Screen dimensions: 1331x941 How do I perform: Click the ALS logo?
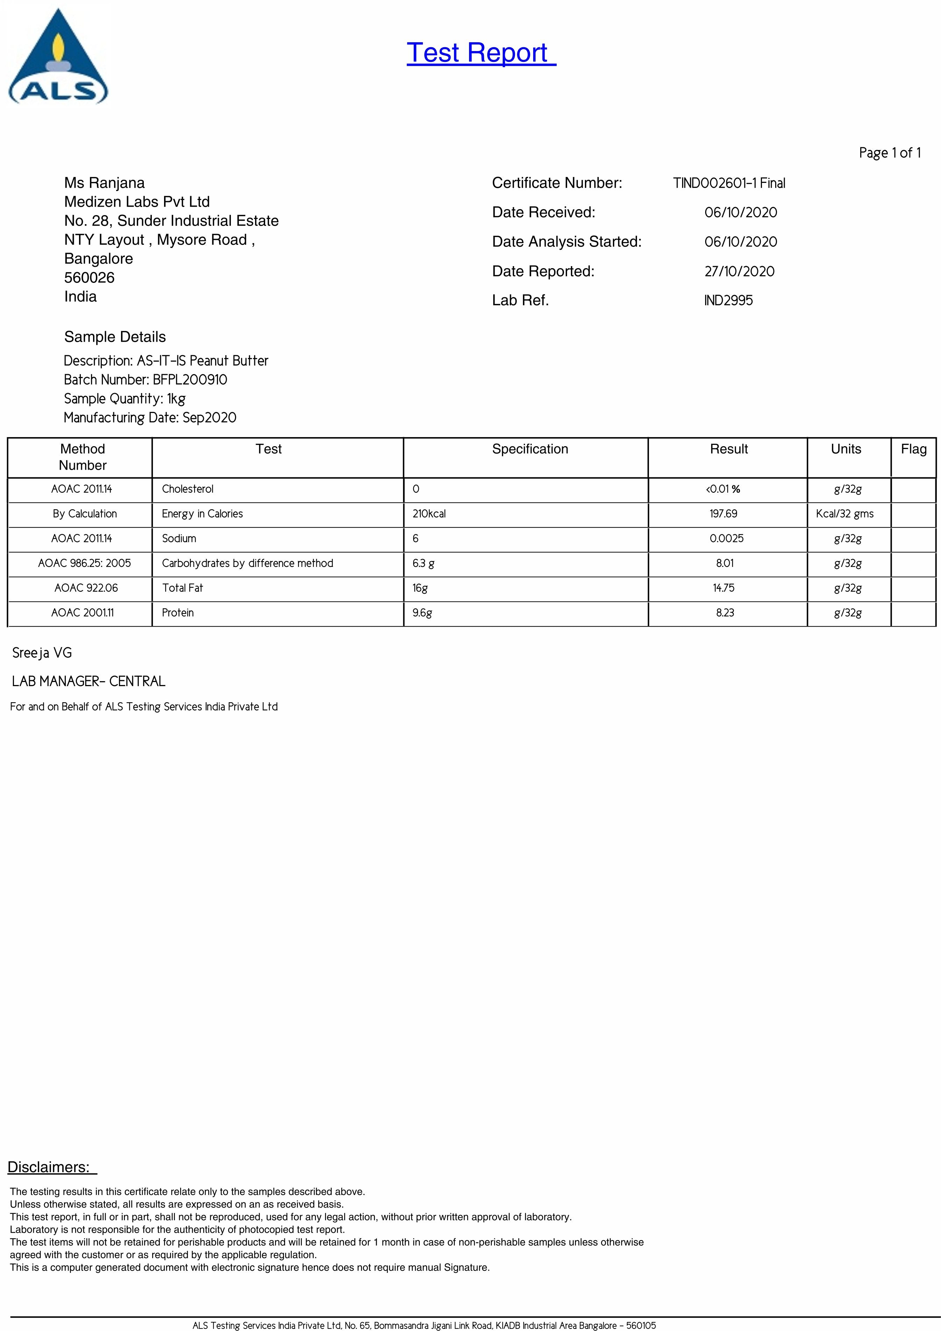[x=58, y=58]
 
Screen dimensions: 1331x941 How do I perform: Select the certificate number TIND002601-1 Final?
[x=729, y=183]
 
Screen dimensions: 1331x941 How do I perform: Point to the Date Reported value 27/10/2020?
[x=739, y=271]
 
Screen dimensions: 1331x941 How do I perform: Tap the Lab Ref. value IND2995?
[x=728, y=300]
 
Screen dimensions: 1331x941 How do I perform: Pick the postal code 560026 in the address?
[x=89, y=278]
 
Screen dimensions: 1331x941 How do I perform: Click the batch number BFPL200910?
[x=190, y=380]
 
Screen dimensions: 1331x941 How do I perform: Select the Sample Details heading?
[x=115, y=337]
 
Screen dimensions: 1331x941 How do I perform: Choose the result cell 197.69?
[x=723, y=514]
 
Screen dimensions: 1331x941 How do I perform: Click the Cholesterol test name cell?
[x=187, y=489]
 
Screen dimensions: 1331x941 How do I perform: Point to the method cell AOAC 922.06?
[x=86, y=588]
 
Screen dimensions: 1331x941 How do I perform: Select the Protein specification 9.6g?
[x=422, y=613]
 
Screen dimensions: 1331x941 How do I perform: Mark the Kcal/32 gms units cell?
[x=844, y=514]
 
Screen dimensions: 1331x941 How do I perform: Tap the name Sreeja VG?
[x=42, y=653]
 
